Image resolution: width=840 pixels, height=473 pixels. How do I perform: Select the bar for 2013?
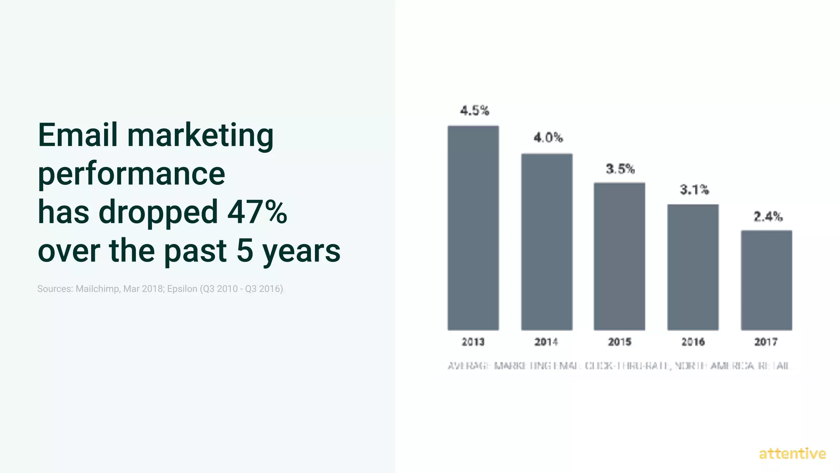coord(473,228)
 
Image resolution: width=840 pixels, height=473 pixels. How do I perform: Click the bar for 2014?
coord(547,242)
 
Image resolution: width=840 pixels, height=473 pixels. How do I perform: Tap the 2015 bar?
coord(619,256)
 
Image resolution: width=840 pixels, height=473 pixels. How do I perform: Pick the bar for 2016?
coord(693,267)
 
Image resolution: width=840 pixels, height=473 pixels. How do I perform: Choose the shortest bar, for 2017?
coord(766,280)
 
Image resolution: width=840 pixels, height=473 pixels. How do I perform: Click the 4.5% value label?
coord(475,110)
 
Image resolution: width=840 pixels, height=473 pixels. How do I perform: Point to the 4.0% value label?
coord(548,138)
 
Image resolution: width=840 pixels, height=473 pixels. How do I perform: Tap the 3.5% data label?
coord(620,169)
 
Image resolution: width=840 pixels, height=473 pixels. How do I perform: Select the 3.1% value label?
coord(694,190)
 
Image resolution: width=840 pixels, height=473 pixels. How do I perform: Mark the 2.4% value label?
coord(768,216)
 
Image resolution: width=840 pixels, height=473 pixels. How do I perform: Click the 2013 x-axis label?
coord(473,342)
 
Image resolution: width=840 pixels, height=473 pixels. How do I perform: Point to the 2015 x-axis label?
coord(619,342)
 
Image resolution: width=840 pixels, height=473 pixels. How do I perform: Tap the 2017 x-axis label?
coord(766,342)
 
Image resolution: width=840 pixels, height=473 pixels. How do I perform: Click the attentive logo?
coord(792,454)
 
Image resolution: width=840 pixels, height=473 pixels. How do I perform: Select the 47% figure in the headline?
coord(257,212)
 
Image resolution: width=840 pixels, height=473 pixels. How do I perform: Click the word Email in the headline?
coord(78,135)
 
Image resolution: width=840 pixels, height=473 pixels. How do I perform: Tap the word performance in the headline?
coord(131,174)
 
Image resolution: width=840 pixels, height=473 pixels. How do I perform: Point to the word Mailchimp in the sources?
coord(97,289)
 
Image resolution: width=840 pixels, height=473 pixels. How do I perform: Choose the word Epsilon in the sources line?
coord(182,289)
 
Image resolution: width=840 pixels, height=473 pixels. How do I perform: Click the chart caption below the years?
coord(619,365)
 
